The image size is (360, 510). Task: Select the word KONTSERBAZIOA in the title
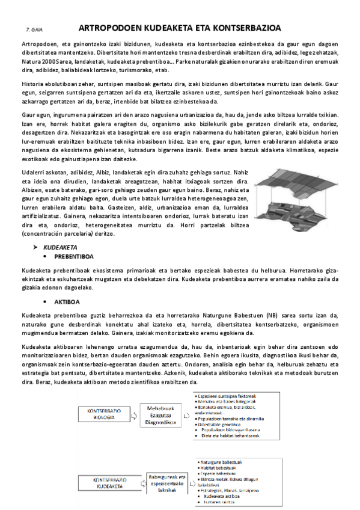click(248, 28)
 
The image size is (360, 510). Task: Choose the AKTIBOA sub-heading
click(67, 301)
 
